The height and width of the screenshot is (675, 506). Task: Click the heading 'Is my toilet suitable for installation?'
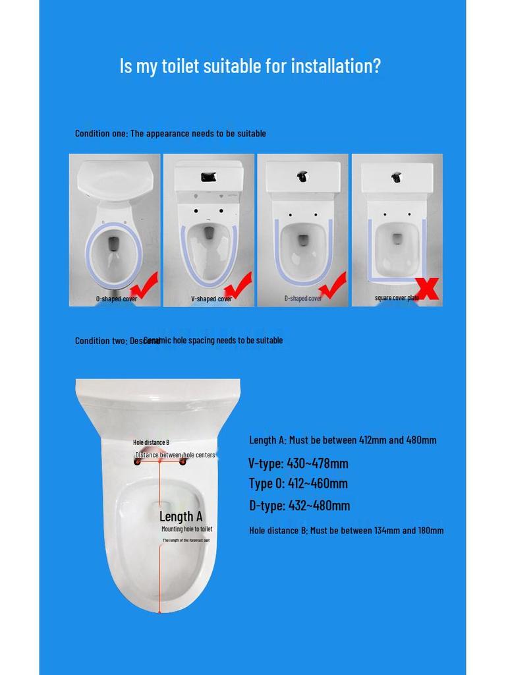click(250, 66)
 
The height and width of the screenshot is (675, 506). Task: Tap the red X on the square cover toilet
click(428, 288)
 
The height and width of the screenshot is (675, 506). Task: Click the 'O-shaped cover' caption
click(117, 299)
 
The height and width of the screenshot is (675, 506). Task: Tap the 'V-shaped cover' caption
click(211, 299)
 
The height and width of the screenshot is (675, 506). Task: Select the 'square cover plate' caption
click(397, 298)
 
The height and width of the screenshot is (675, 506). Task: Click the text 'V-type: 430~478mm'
click(298, 463)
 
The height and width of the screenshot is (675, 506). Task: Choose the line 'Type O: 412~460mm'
click(298, 483)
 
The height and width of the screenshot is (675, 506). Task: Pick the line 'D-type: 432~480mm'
click(299, 506)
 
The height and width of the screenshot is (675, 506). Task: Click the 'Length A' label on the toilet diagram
click(181, 517)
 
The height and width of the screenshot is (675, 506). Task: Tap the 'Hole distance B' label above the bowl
click(151, 442)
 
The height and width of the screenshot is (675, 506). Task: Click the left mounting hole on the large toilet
click(138, 461)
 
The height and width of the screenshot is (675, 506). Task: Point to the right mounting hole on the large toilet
click(183, 461)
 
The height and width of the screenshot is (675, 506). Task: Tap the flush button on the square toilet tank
click(396, 177)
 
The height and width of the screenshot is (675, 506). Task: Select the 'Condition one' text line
click(170, 134)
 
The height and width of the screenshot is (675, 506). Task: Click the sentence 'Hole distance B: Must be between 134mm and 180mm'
click(346, 530)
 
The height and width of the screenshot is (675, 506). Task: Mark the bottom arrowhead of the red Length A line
click(159, 610)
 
